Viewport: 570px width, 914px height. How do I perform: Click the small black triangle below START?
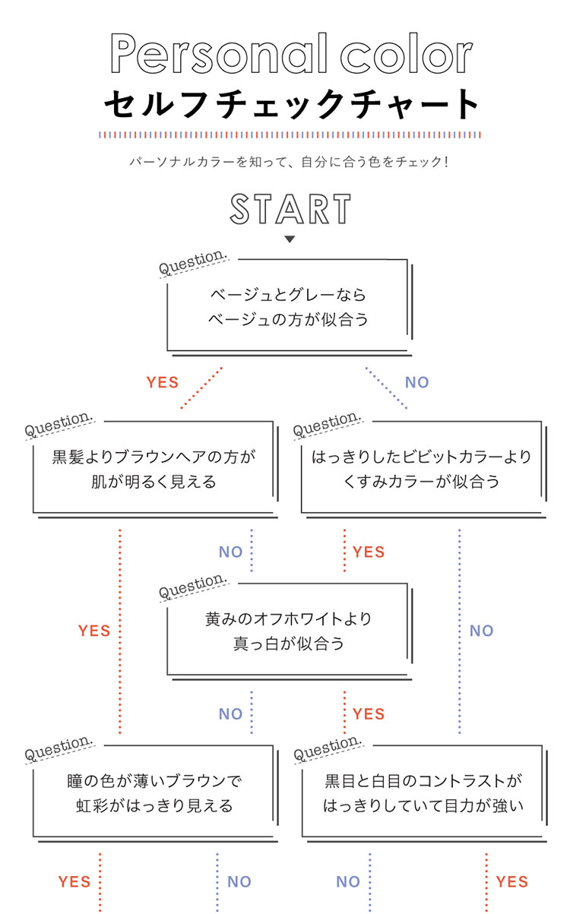click(x=290, y=239)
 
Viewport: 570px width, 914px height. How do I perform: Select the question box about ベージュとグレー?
click(x=288, y=307)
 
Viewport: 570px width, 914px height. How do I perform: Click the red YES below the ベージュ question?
click(x=163, y=382)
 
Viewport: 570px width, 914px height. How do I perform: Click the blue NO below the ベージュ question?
click(x=416, y=382)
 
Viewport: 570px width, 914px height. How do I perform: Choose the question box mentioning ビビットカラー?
click(x=422, y=469)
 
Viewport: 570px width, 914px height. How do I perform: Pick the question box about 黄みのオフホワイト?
click(x=288, y=631)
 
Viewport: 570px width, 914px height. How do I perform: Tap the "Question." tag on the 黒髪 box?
click(x=59, y=425)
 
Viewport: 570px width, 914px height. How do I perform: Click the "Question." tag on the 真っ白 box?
click(x=193, y=587)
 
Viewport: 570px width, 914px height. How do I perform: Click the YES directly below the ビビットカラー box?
click(x=369, y=552)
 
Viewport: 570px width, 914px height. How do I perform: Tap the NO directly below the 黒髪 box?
click(x=231, y=552)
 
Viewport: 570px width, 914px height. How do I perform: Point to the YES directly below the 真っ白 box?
click(x=369, y=714)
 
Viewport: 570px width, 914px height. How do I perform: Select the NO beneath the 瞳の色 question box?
click(x=239, y=882)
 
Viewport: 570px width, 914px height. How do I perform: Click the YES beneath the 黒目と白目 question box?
click(x=511, y=882)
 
